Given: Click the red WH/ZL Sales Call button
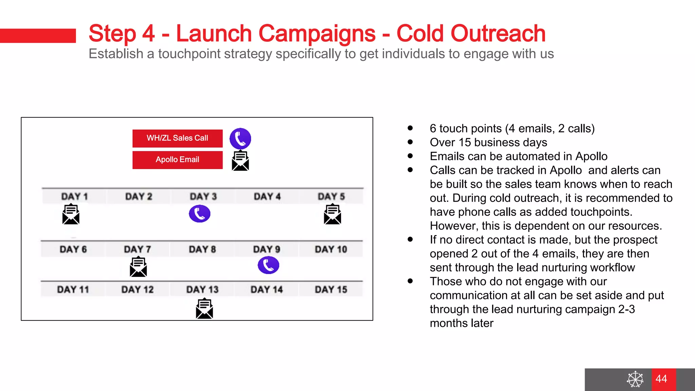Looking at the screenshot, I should pyautogui.click(x=177, y=138).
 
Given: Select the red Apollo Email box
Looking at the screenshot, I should pyautogui.click(x=177, y=160).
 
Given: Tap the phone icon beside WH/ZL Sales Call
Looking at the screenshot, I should pyautogui.click(x=240, y=138).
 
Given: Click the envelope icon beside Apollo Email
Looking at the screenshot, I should pyautogui.click(x=240, y=161).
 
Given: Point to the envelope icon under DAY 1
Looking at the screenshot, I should pyautogui.click(x=71, y=214).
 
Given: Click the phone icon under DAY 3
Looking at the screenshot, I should pyautogui.click(x=200, y=213).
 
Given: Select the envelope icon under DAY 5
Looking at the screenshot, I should pyautogui.click(x=333, y=214).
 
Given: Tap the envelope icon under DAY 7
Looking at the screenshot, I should pyautogui.click(x=138, y=267).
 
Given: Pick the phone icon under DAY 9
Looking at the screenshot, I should pyautogui.click(x=268, y=265).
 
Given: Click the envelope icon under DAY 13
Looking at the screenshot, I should pyautogui.click(x=204, y=308).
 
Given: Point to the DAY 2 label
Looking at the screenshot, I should pyautogui.click(x=139, y=197).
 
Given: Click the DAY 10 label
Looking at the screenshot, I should pyautogui.click(x=331, y=249).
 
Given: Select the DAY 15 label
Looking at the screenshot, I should pyautogui.click(x=331, y=290).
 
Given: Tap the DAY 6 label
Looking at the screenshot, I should pyautogui.click(x=73, y=249).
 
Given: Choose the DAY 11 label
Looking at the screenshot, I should pyautogui.click(x=73, y=290).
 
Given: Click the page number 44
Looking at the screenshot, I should pyautogui.click(x=661, y=379).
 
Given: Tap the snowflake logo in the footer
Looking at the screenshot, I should pyautogui.click(x=635, y=379).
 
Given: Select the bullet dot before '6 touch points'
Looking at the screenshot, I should pyautogui.click(x=410, y=128).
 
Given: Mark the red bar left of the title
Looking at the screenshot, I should pyautogui.click(x=38, y=36).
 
